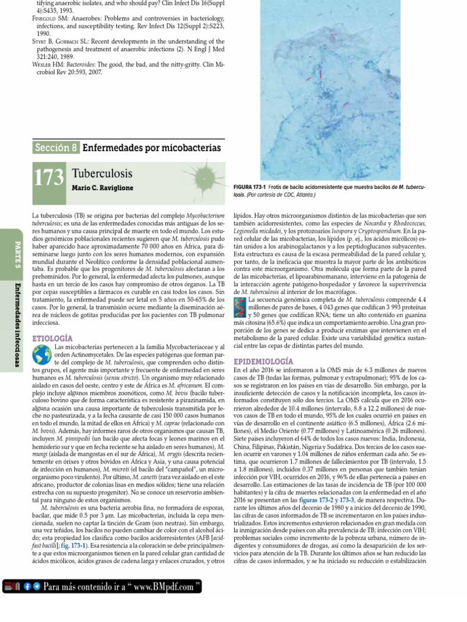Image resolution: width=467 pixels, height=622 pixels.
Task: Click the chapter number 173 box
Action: coord(49,178)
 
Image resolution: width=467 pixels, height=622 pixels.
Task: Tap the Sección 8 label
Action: coord(56,148)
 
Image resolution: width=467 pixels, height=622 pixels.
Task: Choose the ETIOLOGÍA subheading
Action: coord(52,337)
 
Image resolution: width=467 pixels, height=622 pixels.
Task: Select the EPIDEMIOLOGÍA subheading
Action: coord(263,361)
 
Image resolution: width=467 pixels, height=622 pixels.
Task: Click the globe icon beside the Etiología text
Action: coord(41,354)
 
